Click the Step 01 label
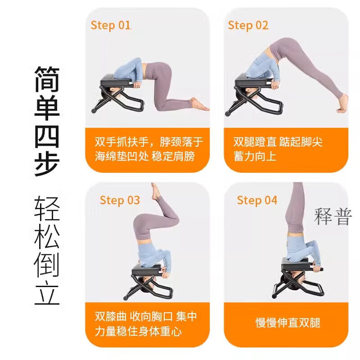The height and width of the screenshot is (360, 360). [x=111, y=25]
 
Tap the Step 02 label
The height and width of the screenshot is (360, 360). [x=248, y=25]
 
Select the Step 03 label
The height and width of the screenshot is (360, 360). [x=120, y=200]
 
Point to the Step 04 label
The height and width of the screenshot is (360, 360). [x=257, y=200]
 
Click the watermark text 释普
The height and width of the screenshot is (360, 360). [x=333, y=217]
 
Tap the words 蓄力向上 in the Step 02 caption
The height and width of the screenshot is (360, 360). [x=255, y=157]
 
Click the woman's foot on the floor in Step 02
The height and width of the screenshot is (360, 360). [x=341, y=103]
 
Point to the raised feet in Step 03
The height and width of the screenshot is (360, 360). [x=155, y=192]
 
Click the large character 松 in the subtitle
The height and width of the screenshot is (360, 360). [x=47, y=236]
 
